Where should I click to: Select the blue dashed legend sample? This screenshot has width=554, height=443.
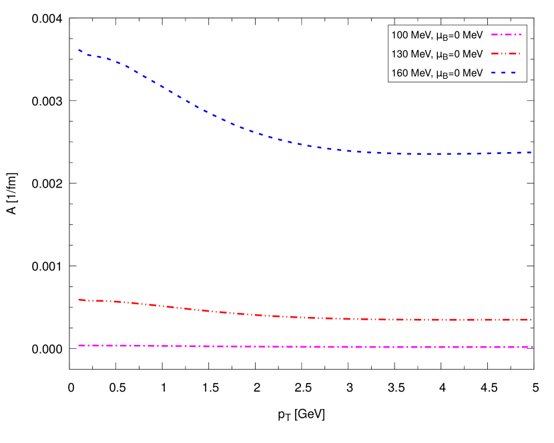tap(503, 72)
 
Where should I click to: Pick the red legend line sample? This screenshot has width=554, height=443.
tap(505, 53)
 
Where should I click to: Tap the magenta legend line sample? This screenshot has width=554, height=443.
tap(507, 34)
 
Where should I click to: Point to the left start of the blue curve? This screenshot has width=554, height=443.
tap(79, 50)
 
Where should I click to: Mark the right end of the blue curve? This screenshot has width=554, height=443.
tap(531, 152)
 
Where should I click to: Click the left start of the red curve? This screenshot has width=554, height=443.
tap(79, 300)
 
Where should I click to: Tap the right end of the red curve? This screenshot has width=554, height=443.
tap(531, 320)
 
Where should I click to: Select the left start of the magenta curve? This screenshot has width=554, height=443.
tap(79, 346)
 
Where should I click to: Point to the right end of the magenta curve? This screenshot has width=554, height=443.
tap(532, 347)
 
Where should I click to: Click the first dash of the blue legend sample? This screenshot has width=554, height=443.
tap(493, 72)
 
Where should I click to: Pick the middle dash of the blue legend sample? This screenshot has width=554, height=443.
tap(503, 72)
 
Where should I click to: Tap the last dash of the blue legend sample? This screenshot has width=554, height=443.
tap(513, 72)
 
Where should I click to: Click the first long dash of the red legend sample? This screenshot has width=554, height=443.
tap(495, 53)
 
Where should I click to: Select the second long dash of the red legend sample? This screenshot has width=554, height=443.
tap(513, 53)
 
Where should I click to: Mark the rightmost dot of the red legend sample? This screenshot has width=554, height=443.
tap(519, 53)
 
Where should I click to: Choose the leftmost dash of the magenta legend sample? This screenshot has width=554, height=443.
tap(495, 34)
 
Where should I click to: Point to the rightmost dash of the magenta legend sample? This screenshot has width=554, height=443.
tap(520, 34)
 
